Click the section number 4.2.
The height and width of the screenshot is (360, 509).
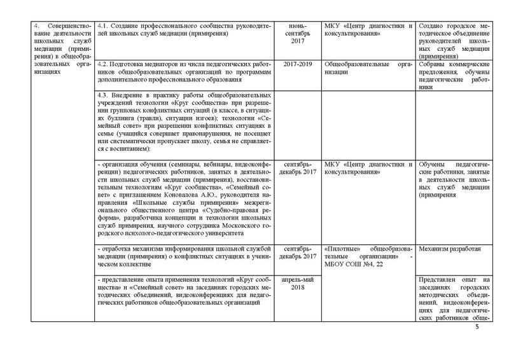coord(105,65)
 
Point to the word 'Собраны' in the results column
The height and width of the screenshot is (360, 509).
coord(435,65)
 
